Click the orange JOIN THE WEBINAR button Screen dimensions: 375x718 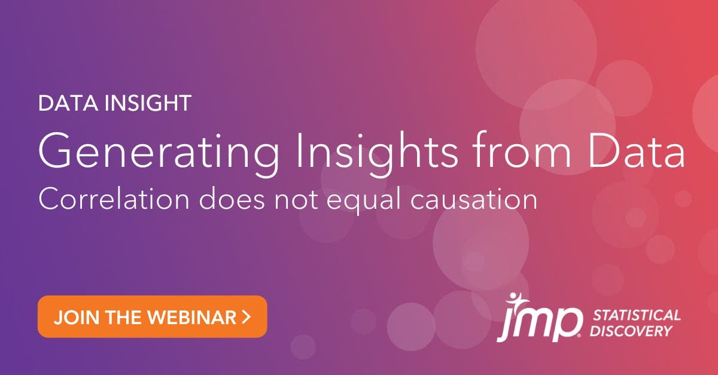[152, 316]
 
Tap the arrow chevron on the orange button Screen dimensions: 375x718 [247, 316]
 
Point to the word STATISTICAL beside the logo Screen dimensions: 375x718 [635, 315]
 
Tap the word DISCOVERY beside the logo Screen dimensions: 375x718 [631, 331]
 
